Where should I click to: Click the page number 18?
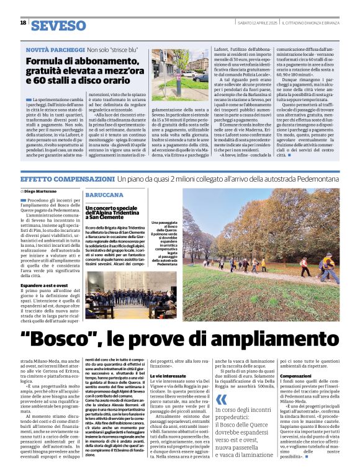(x=23, y=23)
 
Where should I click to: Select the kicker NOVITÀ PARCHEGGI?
(x=54, y=50)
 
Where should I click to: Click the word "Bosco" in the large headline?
(x=71, y=340)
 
